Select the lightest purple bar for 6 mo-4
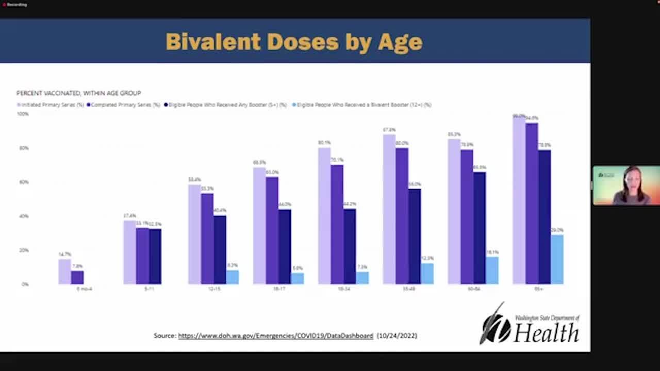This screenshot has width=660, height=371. click(x=64, y=272)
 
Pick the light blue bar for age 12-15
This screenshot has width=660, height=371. click(x=233, y=277)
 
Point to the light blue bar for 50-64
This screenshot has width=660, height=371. click(x=492, y=271)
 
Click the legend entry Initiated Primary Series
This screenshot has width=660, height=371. click(x=52, y=105)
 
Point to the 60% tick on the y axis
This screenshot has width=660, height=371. click(x=24, y=182)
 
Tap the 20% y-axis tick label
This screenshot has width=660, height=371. click(x=24, y=250)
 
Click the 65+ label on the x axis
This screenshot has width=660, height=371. click(x=538, y=289)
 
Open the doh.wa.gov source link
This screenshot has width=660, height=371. click(x=275, y=335)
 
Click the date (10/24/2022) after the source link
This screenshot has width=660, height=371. click(x=397, y=335)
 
